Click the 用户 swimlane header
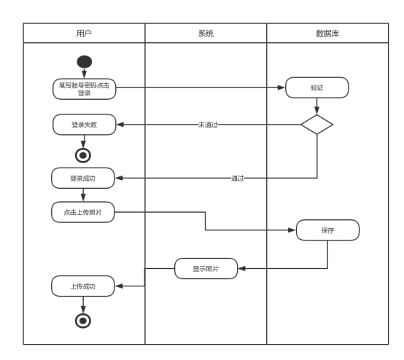point(84,34)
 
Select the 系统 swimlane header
point(206,34)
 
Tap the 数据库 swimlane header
point(327,34)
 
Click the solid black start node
point(85,62)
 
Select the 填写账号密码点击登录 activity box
point(85,89)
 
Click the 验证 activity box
point(317,87)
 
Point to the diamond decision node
point(317,125)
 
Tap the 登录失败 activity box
point(85,125)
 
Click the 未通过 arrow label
point(208,125)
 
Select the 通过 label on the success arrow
point(237,179)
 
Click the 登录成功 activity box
point(83,179)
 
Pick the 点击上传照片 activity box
point(83,212)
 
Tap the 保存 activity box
point(327,230)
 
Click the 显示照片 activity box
point(206,269)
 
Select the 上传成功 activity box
point(83,286)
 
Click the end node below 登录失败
point(83,155)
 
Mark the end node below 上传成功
point(83,321)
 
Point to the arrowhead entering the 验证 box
point(281,87)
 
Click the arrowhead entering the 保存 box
point(292,230)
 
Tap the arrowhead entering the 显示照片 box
point(241,269)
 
